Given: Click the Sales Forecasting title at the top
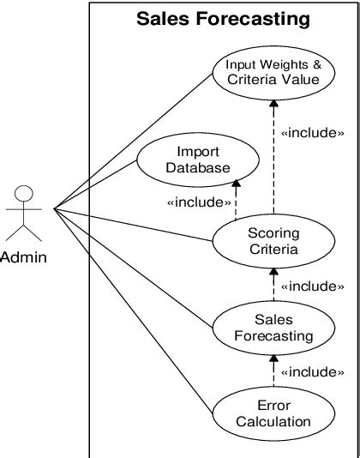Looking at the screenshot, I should (x=224, y=18).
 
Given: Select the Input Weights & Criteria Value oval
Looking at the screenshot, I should (x=273, y=72).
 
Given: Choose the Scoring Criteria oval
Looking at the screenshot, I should (x=273, y=241).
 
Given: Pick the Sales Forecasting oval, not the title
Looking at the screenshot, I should (x=273, y=327).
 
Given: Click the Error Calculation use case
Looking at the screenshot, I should (x=273, y=413).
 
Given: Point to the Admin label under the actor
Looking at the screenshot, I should (x=24, y=257).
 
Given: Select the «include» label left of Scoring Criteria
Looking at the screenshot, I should (x=200, y=202).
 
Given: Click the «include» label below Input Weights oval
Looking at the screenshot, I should (x=313, y=133).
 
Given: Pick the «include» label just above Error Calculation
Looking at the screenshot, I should (x=313, y=371).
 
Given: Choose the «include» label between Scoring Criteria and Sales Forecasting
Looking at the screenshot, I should (x=313, y=286).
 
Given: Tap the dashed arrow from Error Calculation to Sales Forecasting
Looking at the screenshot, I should (x=273, y=373).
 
